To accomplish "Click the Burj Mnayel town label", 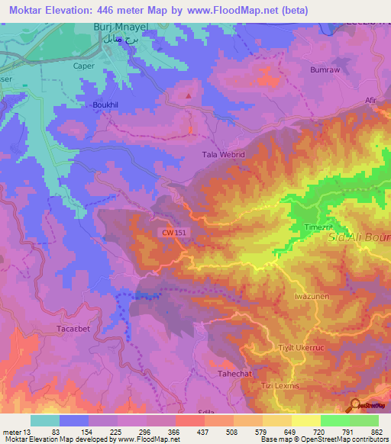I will tap(118, 27).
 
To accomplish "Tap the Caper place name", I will tap(82, 66).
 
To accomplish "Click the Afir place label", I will tap(372, 99).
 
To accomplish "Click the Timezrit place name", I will tap(318, 227).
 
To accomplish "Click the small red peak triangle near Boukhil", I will tap(189, 96).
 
